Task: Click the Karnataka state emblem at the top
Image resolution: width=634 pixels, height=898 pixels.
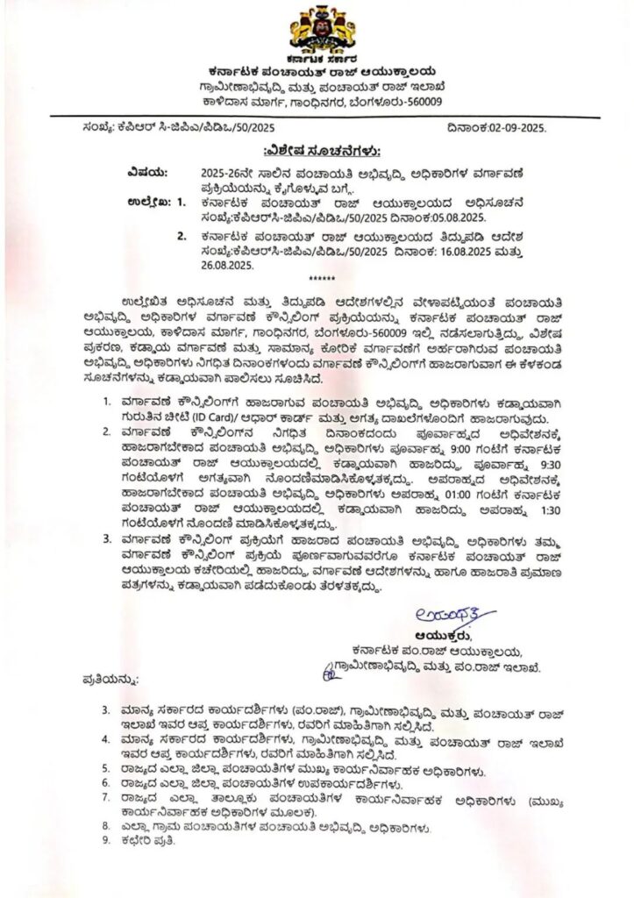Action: (x=317, y=28)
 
